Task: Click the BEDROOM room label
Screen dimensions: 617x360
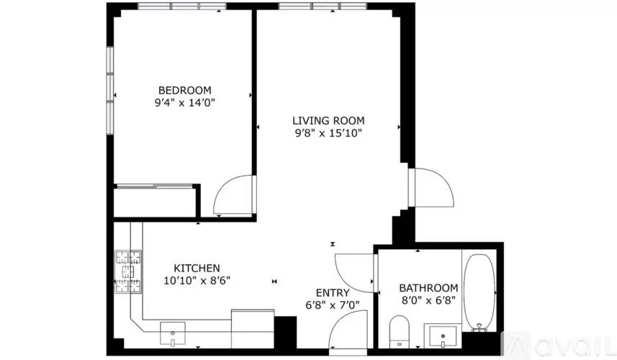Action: pos(184,90)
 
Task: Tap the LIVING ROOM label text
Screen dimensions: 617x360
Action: pos(328,120)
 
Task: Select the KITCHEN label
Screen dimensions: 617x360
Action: pos(197,269)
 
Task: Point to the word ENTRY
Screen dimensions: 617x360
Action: pos(333,293)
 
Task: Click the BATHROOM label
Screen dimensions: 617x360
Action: pos(428,287)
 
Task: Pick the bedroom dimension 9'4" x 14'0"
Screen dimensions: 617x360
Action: pos(184,103)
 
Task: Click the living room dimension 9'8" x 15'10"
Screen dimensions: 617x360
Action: pos(328,133)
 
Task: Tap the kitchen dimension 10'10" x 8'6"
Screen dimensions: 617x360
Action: pos(197,281)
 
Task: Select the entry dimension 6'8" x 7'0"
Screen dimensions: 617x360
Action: pos(333,305)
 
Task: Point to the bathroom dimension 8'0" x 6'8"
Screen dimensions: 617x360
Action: pos(428,300)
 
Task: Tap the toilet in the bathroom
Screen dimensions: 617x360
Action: pos(400,331)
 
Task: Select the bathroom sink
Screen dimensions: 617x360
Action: pos(443,336)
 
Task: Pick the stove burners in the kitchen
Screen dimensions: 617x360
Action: pos(128,271)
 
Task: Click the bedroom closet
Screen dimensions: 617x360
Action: pos(155,201)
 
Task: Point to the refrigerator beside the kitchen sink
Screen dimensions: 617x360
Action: pos(253,329)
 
